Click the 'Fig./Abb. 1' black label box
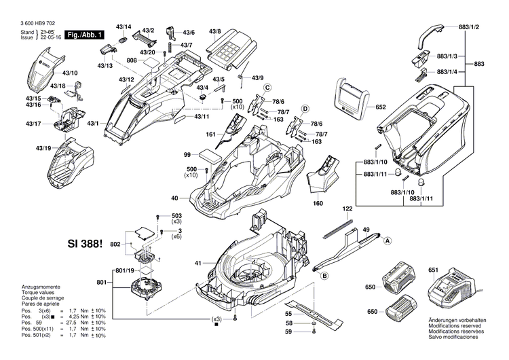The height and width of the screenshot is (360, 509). (85, 34)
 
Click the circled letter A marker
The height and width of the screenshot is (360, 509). (389, 240)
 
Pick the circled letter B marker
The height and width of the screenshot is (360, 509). (324, 275)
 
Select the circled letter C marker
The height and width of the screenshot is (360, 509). (267, 88)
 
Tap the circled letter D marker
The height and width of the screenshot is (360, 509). (305, 109)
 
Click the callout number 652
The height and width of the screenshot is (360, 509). (380, 107)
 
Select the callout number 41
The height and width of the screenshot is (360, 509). (199, 263)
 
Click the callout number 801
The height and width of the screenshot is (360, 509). (102, 282)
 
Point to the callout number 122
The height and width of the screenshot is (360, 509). (347, 209)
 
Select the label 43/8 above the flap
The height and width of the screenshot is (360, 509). (215, 31)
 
